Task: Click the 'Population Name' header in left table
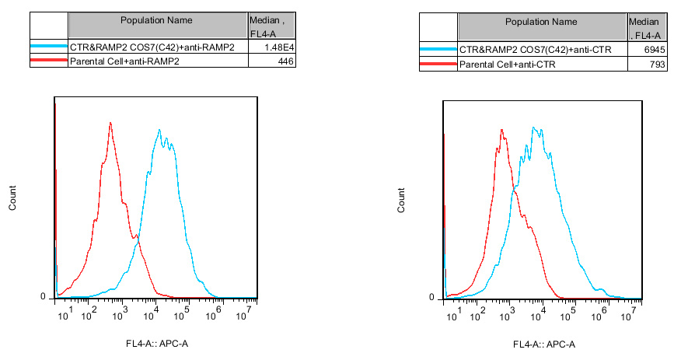157,20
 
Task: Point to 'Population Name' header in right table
541,22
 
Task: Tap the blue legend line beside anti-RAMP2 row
49,47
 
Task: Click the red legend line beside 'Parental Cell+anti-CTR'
438,63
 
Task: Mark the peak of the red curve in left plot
111,123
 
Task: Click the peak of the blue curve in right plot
534,128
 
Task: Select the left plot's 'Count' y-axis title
12,198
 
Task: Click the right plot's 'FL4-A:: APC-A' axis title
544,345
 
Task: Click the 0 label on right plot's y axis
432,297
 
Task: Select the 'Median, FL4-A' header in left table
267,26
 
